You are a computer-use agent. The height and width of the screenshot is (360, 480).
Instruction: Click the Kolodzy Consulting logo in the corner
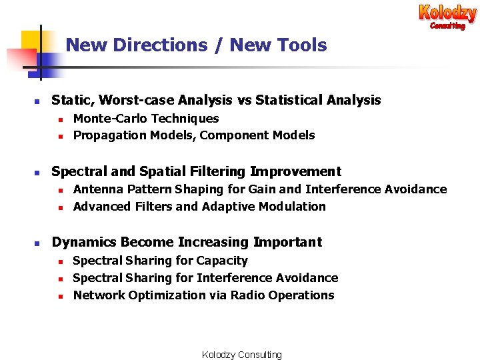[447, 16]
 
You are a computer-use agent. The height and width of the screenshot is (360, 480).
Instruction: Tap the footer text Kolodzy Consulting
[242, 355]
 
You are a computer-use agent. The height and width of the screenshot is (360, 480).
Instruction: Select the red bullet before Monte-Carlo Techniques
[60, 119]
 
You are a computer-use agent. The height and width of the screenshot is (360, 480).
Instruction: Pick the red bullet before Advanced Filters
[60, 207]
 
